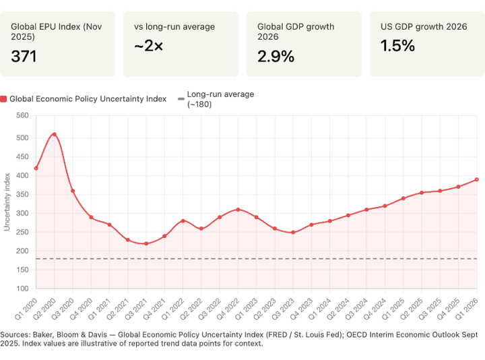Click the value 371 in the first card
point(24,56)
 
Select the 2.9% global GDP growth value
point(276,56)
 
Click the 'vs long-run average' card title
point(175,27)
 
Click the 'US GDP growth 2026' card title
point(424,27)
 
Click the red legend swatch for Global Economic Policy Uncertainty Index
point(4,99)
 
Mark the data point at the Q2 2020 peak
point(54,133)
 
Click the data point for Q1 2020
point(36,168)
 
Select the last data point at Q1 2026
point(478,179)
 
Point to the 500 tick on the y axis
point(23,138)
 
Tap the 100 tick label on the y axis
point(23,289)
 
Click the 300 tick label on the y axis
point(23,213)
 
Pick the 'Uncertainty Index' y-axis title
point(7,202)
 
